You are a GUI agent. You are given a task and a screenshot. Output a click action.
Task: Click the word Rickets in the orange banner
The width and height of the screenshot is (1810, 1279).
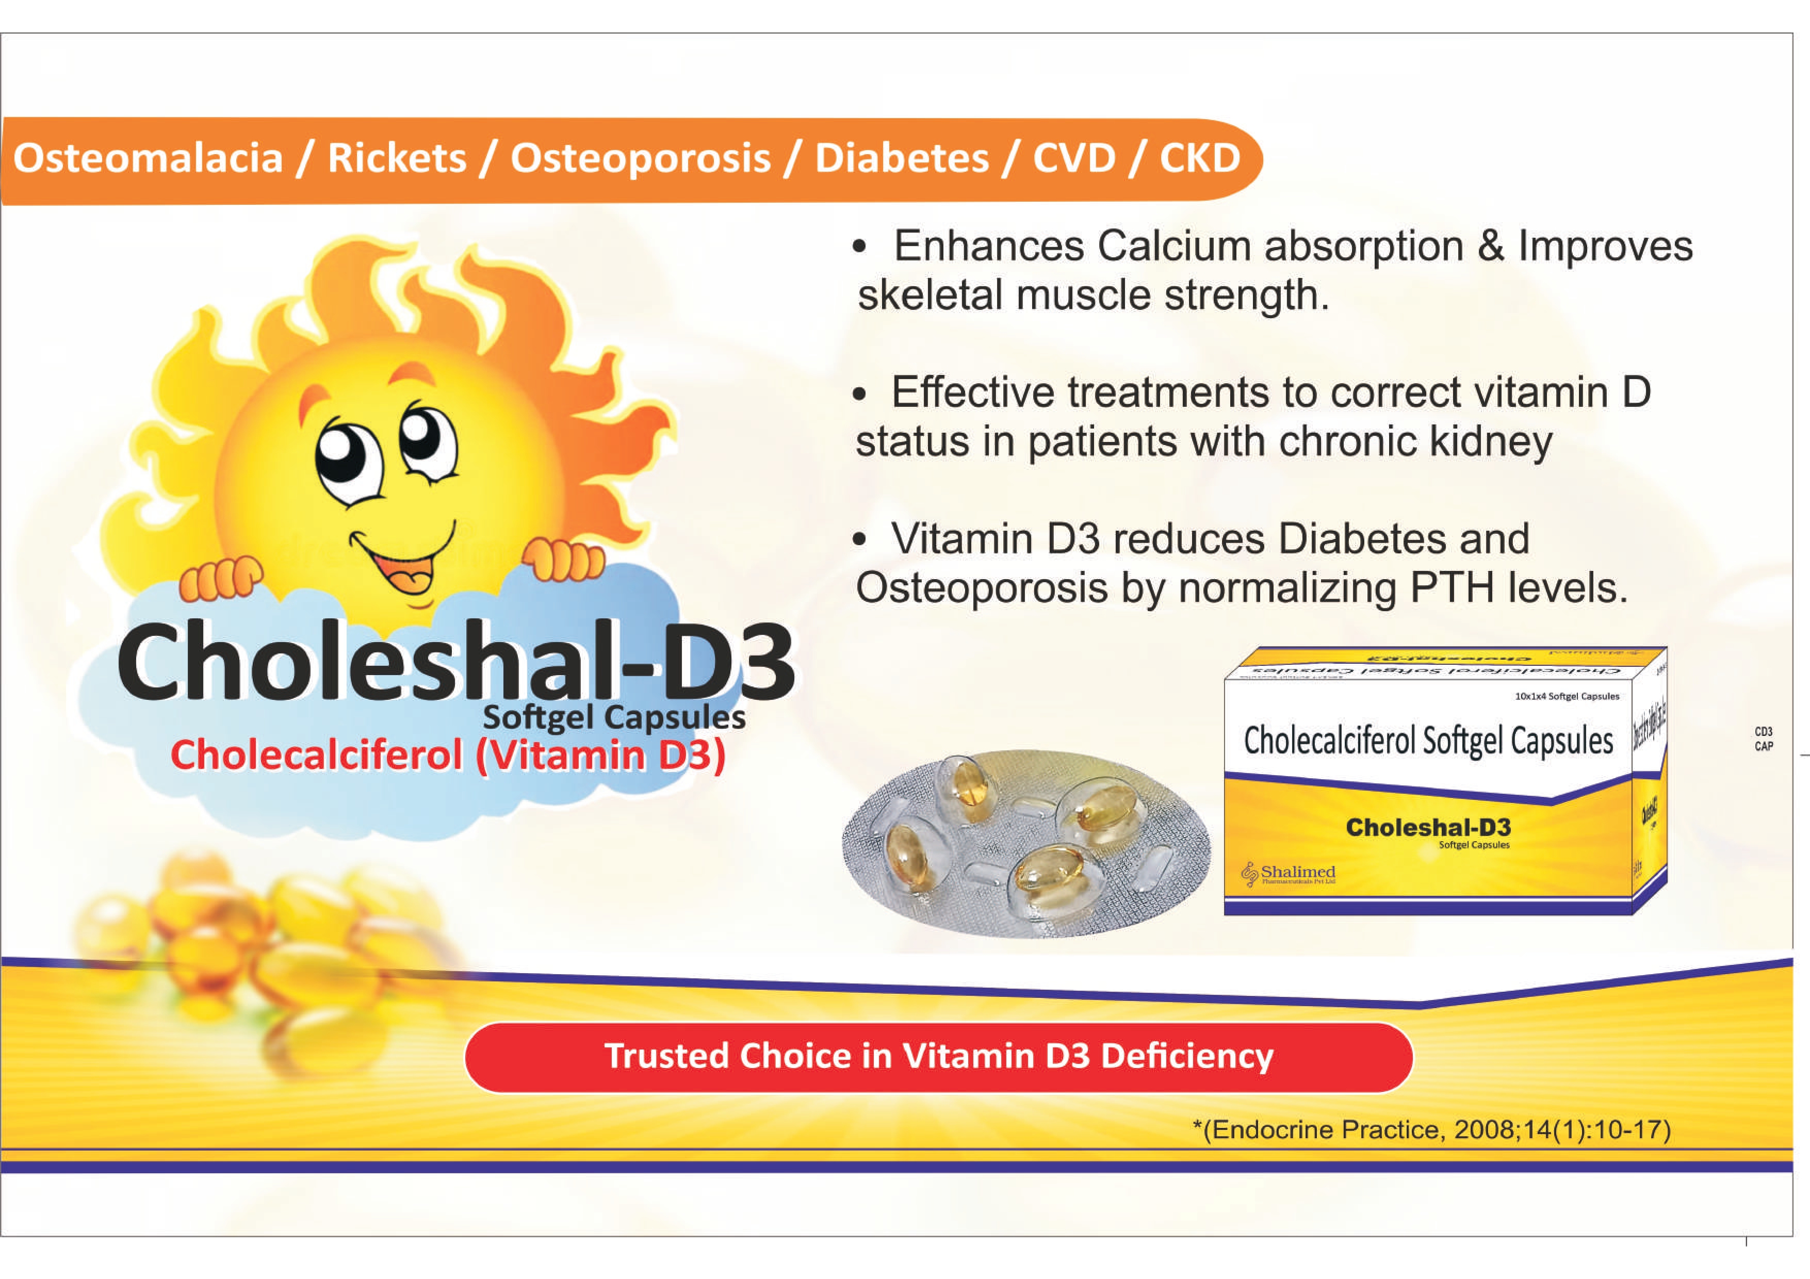click(x=397, y=158)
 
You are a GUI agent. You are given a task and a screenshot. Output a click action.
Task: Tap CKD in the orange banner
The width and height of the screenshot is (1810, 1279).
click(x=1200, y=158)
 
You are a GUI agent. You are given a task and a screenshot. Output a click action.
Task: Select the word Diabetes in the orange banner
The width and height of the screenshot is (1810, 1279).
click(x=901, y=158)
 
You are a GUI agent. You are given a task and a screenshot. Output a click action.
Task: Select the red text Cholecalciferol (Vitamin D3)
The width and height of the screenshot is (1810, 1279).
click(x=448, y=755)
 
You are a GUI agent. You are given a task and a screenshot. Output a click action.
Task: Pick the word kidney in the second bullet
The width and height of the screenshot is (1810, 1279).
click(x=1491, y=441)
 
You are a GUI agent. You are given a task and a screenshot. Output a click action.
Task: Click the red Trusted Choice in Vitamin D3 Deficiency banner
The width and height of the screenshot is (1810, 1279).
click(x=938, y=1057)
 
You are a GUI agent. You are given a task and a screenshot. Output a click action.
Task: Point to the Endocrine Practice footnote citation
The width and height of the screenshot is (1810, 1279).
click(x=1431, y=1129)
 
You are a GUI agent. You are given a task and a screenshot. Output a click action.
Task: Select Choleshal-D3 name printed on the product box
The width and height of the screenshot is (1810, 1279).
click(x=1428, y=827)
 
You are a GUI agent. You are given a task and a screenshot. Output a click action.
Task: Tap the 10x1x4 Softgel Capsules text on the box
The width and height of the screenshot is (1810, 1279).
click(x=1567, y=697)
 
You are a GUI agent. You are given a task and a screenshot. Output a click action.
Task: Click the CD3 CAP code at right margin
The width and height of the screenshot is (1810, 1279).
click(x=1764, y=739)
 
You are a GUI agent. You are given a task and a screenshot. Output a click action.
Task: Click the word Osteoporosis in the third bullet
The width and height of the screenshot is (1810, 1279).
click(x=982, y=588)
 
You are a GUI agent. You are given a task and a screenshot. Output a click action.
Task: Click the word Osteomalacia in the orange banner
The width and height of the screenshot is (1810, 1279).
click(x=148, y=158)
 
